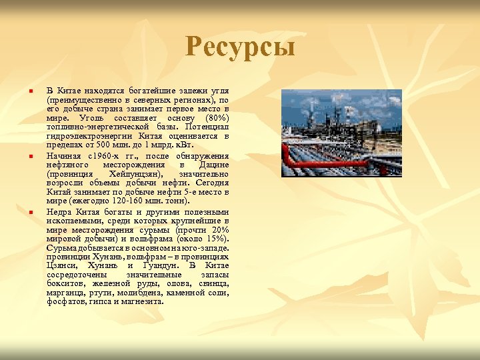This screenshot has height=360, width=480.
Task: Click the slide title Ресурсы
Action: [x=240, y=47]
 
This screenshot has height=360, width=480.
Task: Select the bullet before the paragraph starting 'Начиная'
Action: [x=31, y=156]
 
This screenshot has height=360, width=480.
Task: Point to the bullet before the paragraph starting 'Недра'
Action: [x=31, y=212]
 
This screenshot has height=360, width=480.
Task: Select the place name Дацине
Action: [x=214, y=164]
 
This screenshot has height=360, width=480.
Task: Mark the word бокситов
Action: [x=65, y=283]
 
